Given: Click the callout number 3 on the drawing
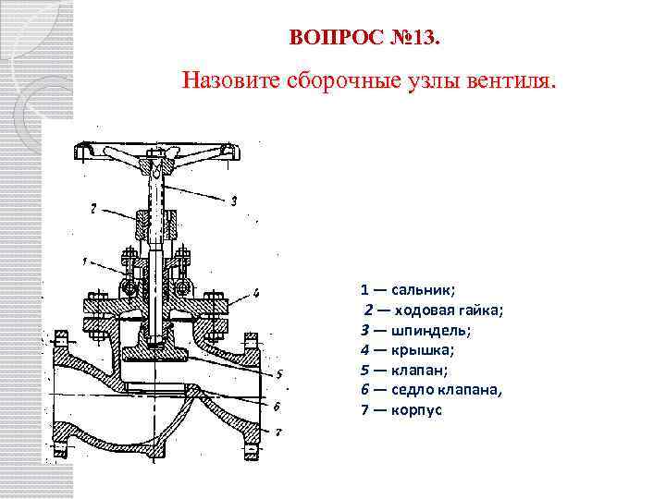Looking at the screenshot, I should click(x=234, y=200).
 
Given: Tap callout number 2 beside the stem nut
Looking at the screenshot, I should click(x=92, y=209).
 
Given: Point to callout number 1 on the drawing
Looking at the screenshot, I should click(x=84, y=262).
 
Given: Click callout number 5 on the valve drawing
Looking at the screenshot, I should click(x=277, y=373).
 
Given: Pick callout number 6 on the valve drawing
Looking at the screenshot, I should click(x=277, y=405).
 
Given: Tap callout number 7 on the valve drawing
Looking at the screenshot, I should click(x=278, y=432).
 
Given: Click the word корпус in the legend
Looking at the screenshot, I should click(x=417, y=409).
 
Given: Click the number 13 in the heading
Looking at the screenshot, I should click(x=427, y=38).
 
